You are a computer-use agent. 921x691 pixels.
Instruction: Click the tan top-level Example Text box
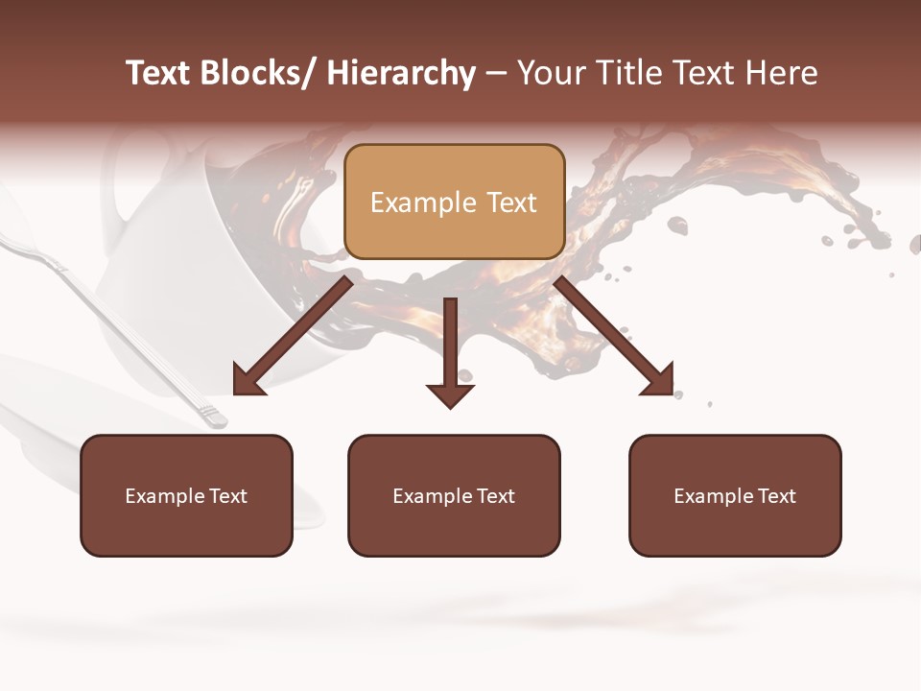(x=454, y=202)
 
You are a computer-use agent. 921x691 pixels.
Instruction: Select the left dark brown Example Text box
(x=186, y=495)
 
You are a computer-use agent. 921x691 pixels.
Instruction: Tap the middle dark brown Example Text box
(x=454, y=495)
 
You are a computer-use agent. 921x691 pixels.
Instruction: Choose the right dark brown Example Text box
(x=735, y=495)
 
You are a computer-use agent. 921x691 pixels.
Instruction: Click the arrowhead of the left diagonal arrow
(x=247, y=382)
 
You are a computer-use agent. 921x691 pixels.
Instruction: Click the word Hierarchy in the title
(x=400, y=73)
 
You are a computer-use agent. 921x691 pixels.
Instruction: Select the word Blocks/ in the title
(x=256, y=73)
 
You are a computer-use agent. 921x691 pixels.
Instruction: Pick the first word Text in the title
(x=159, y=73)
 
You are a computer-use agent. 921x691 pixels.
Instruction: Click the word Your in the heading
(x=550, y=73)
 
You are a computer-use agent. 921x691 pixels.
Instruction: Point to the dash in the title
(x=496, y=75)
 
